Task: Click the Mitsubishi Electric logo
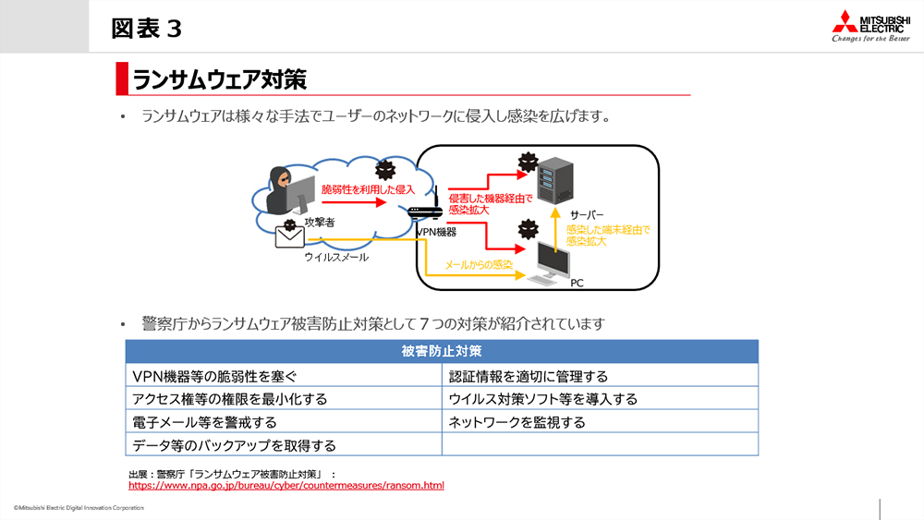click(869, 27)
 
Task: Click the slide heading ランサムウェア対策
click(219, 78)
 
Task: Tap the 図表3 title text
click(146, 28)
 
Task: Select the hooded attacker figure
click(283, 189)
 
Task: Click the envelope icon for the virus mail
click(290, 236)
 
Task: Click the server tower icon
click(555, 182)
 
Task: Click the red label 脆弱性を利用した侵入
click(369, 188)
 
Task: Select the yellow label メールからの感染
click(479, 265)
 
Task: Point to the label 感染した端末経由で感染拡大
click(607, 235)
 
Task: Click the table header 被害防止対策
click(442, 352)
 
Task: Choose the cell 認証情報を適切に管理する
click(528, 376)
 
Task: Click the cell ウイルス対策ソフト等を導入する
click(542, 399)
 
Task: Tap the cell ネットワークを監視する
click(517, 422)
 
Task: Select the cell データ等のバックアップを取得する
click(234, 445)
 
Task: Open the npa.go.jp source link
click(286, 485)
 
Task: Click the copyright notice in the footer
click(79, 508)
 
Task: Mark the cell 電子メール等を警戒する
click(204, 422)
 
